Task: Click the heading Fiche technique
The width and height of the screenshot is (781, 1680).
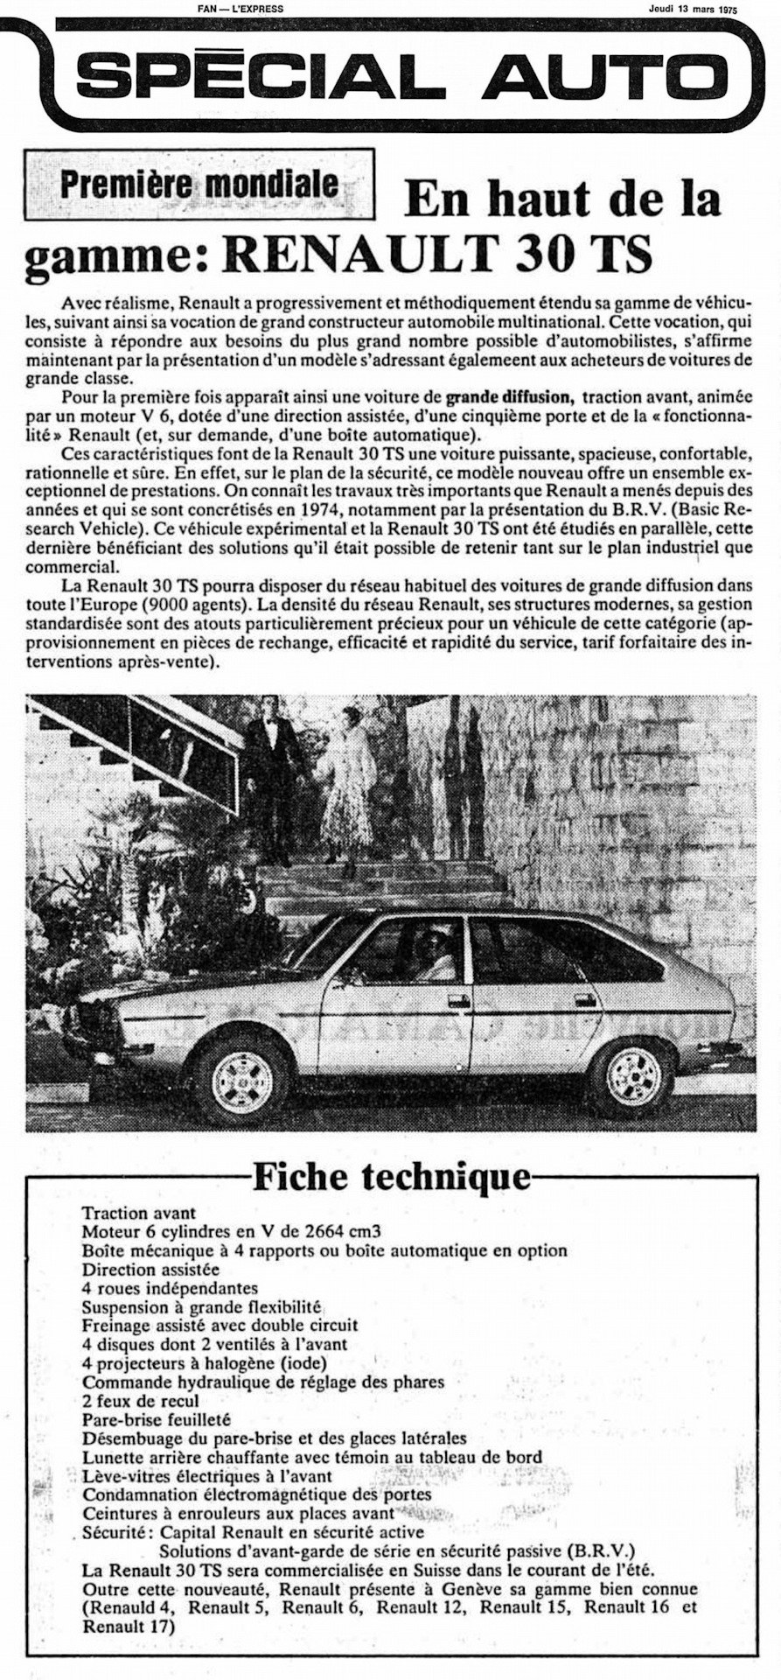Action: tap(392, 1177)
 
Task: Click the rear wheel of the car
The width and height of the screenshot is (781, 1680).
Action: tap(632, 1075)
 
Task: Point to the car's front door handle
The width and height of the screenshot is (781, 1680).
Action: tap(457, 999)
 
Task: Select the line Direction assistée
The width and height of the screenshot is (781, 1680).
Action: tap(150, 1269)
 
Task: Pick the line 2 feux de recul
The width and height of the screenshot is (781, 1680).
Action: tap(141, 1400)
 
